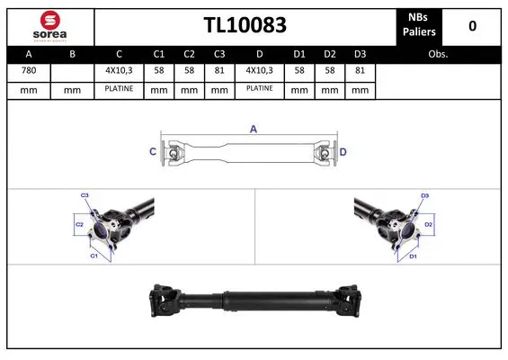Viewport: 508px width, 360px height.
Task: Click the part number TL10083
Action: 244,25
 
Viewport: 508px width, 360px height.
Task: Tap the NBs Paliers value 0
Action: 472,25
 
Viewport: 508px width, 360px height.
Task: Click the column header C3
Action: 218,53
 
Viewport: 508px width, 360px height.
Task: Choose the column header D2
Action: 330,53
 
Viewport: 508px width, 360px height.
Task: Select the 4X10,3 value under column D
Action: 261,70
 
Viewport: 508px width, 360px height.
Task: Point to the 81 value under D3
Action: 360,70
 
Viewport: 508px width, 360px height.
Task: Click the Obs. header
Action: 438,53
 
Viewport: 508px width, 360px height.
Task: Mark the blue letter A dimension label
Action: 254,130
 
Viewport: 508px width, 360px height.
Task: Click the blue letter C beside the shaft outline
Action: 152,151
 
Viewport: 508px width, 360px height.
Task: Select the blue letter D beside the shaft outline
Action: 343,151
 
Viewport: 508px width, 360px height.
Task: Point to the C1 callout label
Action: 94,256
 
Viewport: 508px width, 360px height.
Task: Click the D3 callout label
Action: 425,194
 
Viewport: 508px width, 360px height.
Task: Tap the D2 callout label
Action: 429,224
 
